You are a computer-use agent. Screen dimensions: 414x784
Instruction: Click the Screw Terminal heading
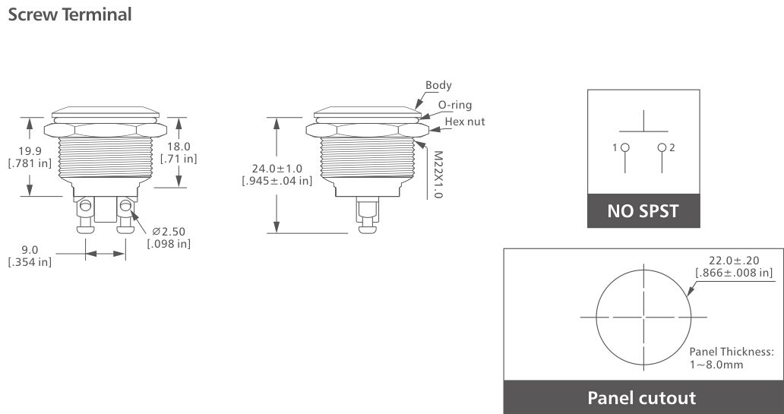tap(69, 14)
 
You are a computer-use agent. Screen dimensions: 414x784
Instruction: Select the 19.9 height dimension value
tap(29, 151)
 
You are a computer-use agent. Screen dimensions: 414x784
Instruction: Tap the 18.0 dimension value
tap(179, 146)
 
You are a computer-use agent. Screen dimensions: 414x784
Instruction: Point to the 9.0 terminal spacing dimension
tap(29, 249)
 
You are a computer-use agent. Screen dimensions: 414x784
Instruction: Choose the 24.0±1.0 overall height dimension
tap(276, 168)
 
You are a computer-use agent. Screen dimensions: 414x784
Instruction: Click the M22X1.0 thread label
tap(437, 173)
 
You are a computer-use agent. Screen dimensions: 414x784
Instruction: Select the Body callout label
tap(438, 85)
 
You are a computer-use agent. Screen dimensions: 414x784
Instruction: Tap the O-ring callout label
tap(454, 105)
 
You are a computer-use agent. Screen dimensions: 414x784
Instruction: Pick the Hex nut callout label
tap(464, 122)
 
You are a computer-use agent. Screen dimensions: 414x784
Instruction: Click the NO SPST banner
tap(643, 211)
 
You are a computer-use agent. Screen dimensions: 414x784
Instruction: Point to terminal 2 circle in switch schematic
tap(662, 147)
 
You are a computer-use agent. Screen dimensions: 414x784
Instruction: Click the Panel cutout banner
tap(641, 398)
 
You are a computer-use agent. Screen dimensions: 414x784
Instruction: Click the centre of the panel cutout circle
tap(643, 317)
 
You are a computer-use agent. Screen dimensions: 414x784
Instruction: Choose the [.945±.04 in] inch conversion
tap(276, 181)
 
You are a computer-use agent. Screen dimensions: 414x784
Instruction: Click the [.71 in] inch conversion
tap(179, 159)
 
